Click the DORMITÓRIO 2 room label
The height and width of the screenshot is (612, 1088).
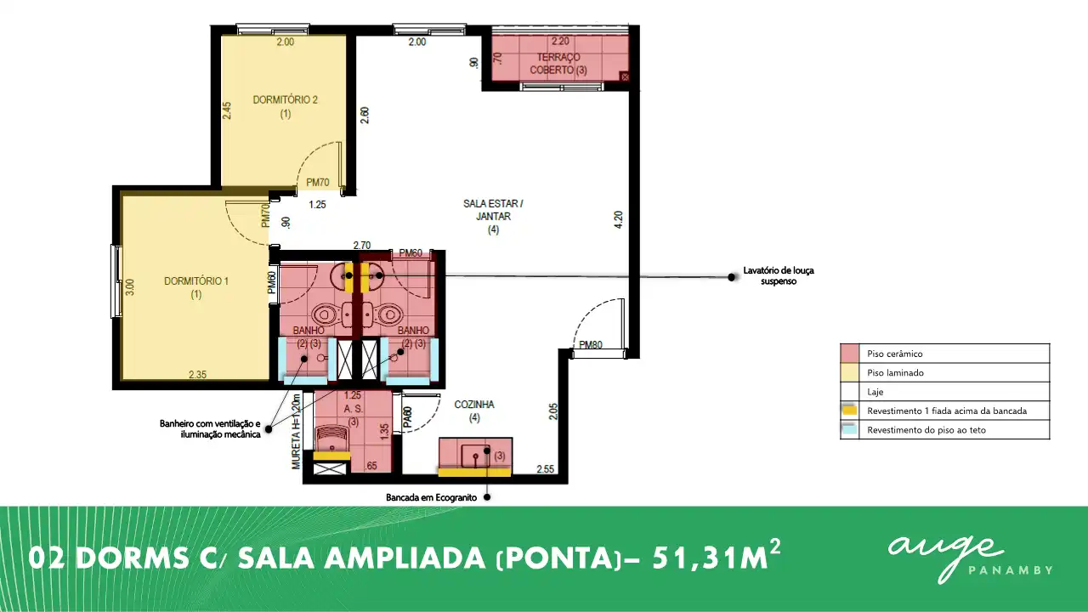click(x=285, y=106)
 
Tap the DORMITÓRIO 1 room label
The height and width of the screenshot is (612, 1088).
click(x=196, y=287)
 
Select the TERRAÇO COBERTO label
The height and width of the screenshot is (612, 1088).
click(x=558, y=64)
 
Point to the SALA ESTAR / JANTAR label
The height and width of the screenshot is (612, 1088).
click(x=493, y=217)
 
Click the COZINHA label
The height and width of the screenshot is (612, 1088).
click(x=474, y=411)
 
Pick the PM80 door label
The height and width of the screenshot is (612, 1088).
click(x=591, y=345)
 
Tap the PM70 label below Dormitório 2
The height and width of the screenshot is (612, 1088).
click(x=318, y=183)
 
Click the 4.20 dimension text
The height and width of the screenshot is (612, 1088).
click(x=618, y=219)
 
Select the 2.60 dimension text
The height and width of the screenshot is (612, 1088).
click(x=365, y=115)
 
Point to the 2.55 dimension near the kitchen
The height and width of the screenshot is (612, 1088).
click(x=545, y=469)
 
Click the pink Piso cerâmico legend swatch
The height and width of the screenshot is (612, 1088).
click(x=849, y=354)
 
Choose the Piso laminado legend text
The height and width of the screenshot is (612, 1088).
click(x=895, y=373)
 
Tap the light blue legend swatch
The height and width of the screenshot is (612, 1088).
click(x=849, y=429)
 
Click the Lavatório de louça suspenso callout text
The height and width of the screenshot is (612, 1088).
click(x=778, y=276)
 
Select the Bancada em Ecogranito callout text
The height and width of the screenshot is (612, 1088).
click(x=431, y=497)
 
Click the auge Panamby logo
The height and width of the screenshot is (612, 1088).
click(x=970, y=559)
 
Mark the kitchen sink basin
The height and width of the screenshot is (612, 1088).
click(x=475, y=456)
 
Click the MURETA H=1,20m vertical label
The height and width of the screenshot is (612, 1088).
click(x=297, y=431)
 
